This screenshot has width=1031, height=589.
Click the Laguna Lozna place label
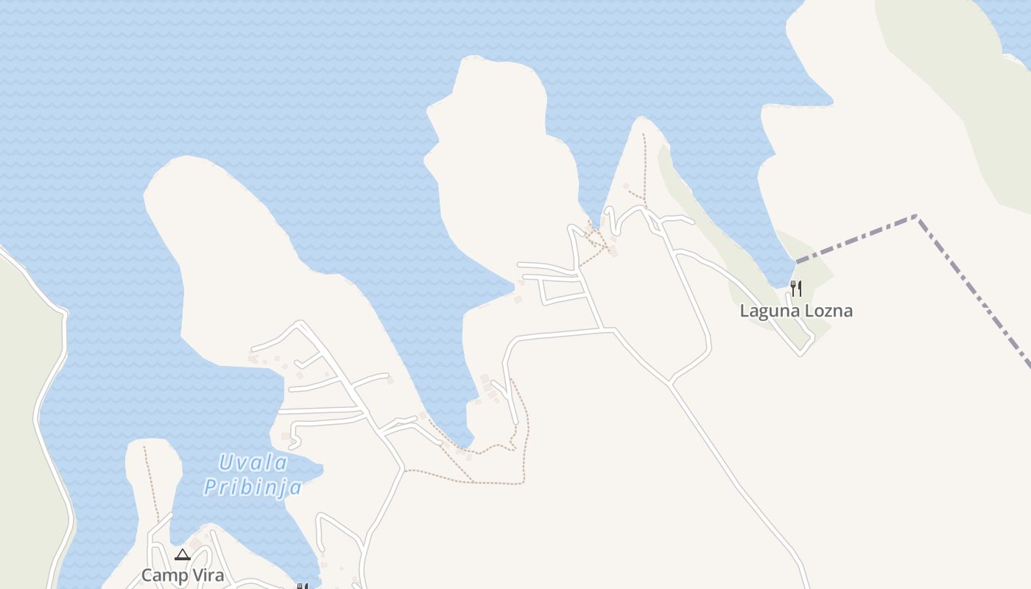[796, 311]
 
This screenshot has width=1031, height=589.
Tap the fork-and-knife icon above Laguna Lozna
[795, 287]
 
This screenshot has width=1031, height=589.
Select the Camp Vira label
[183, 575]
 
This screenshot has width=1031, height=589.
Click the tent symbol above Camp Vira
[183, 554]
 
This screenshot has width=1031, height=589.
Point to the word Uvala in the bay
[253, 463]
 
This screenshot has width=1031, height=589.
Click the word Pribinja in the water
[253, 487]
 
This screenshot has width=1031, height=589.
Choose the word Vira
[207, 575]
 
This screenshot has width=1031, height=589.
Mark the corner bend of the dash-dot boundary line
[917, 216]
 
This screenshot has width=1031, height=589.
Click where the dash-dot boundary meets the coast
[797, 261]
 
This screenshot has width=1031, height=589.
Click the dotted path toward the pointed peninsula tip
[644, 166]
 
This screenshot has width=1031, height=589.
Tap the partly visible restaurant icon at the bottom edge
[301, 586]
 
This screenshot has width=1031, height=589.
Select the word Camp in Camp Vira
[164, 575]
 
